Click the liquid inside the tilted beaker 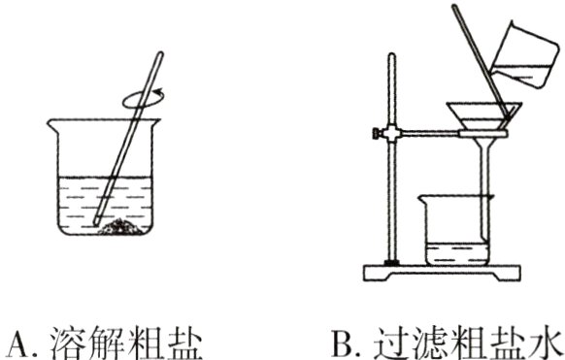529,74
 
